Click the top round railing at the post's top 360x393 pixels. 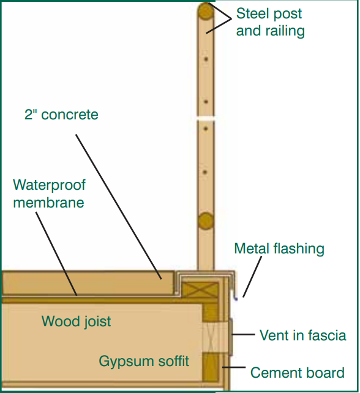206,11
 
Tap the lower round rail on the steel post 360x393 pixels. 206,221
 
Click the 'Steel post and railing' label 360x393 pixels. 270,22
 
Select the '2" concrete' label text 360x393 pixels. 61,115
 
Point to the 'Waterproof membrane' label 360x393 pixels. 49,193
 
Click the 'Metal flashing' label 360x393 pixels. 279,249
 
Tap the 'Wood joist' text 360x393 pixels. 76,321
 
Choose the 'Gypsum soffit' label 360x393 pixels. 144,361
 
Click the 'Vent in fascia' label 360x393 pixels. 303,335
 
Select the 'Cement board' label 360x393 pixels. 298,372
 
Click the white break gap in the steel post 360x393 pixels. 206,118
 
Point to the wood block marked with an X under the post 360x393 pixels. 200,290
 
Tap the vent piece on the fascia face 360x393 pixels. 231,337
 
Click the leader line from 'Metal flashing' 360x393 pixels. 252,277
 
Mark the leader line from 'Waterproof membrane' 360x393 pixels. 56,254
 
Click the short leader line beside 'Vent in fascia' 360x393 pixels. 243,334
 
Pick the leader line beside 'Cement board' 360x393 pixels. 234,367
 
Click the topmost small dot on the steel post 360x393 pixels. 206,59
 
